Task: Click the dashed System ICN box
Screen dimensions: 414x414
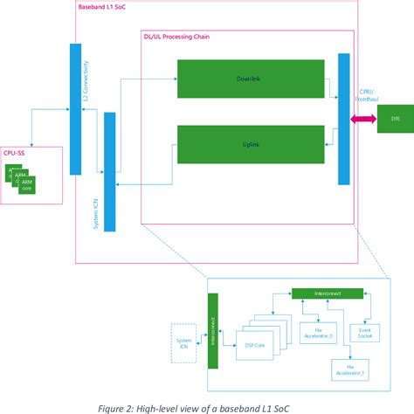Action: (x=182, y=342)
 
